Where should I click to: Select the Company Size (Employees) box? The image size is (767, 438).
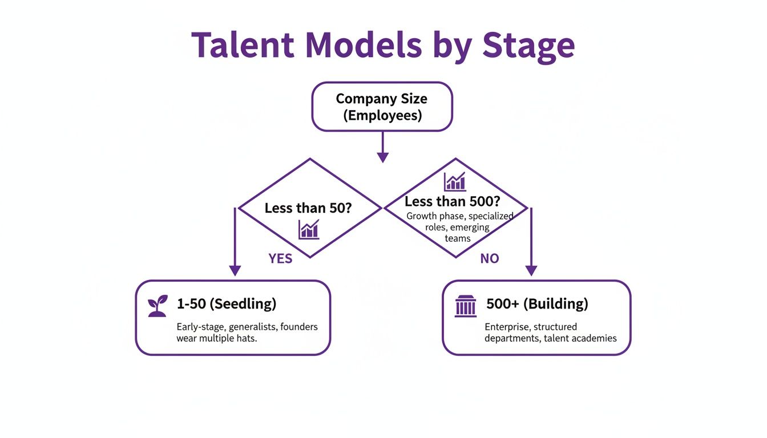pyautogui.click(x=382, y=107)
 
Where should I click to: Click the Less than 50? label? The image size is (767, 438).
pyautogui.click(x=308, y=208)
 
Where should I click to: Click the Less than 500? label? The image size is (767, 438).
pyautogui.click(x=452, y=201)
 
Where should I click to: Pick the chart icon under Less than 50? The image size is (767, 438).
pyautogui.click(x=308, y=229)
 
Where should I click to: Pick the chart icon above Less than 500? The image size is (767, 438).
pyautogui.click(x=455, y=181)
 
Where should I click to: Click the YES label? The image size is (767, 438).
pyautogui.click(x=280, y=259)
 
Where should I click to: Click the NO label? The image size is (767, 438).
pyautogui.click(x=489, y=259)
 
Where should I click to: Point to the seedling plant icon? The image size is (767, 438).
pyautogui.click(x=158, y=306)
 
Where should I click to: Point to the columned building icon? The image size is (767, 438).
pyautogui.click(x=465, y=306)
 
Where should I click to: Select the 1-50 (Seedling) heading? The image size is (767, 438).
pyautogui.click(x=227, y=304)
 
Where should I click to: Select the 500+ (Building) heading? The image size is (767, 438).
pyautogui.click(x=537, y=304)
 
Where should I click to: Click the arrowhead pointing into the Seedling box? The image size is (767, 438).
pyautogui.click(x=235, y=270)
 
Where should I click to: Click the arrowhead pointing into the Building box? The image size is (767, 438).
pyautogui.click(x=531, y=270)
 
